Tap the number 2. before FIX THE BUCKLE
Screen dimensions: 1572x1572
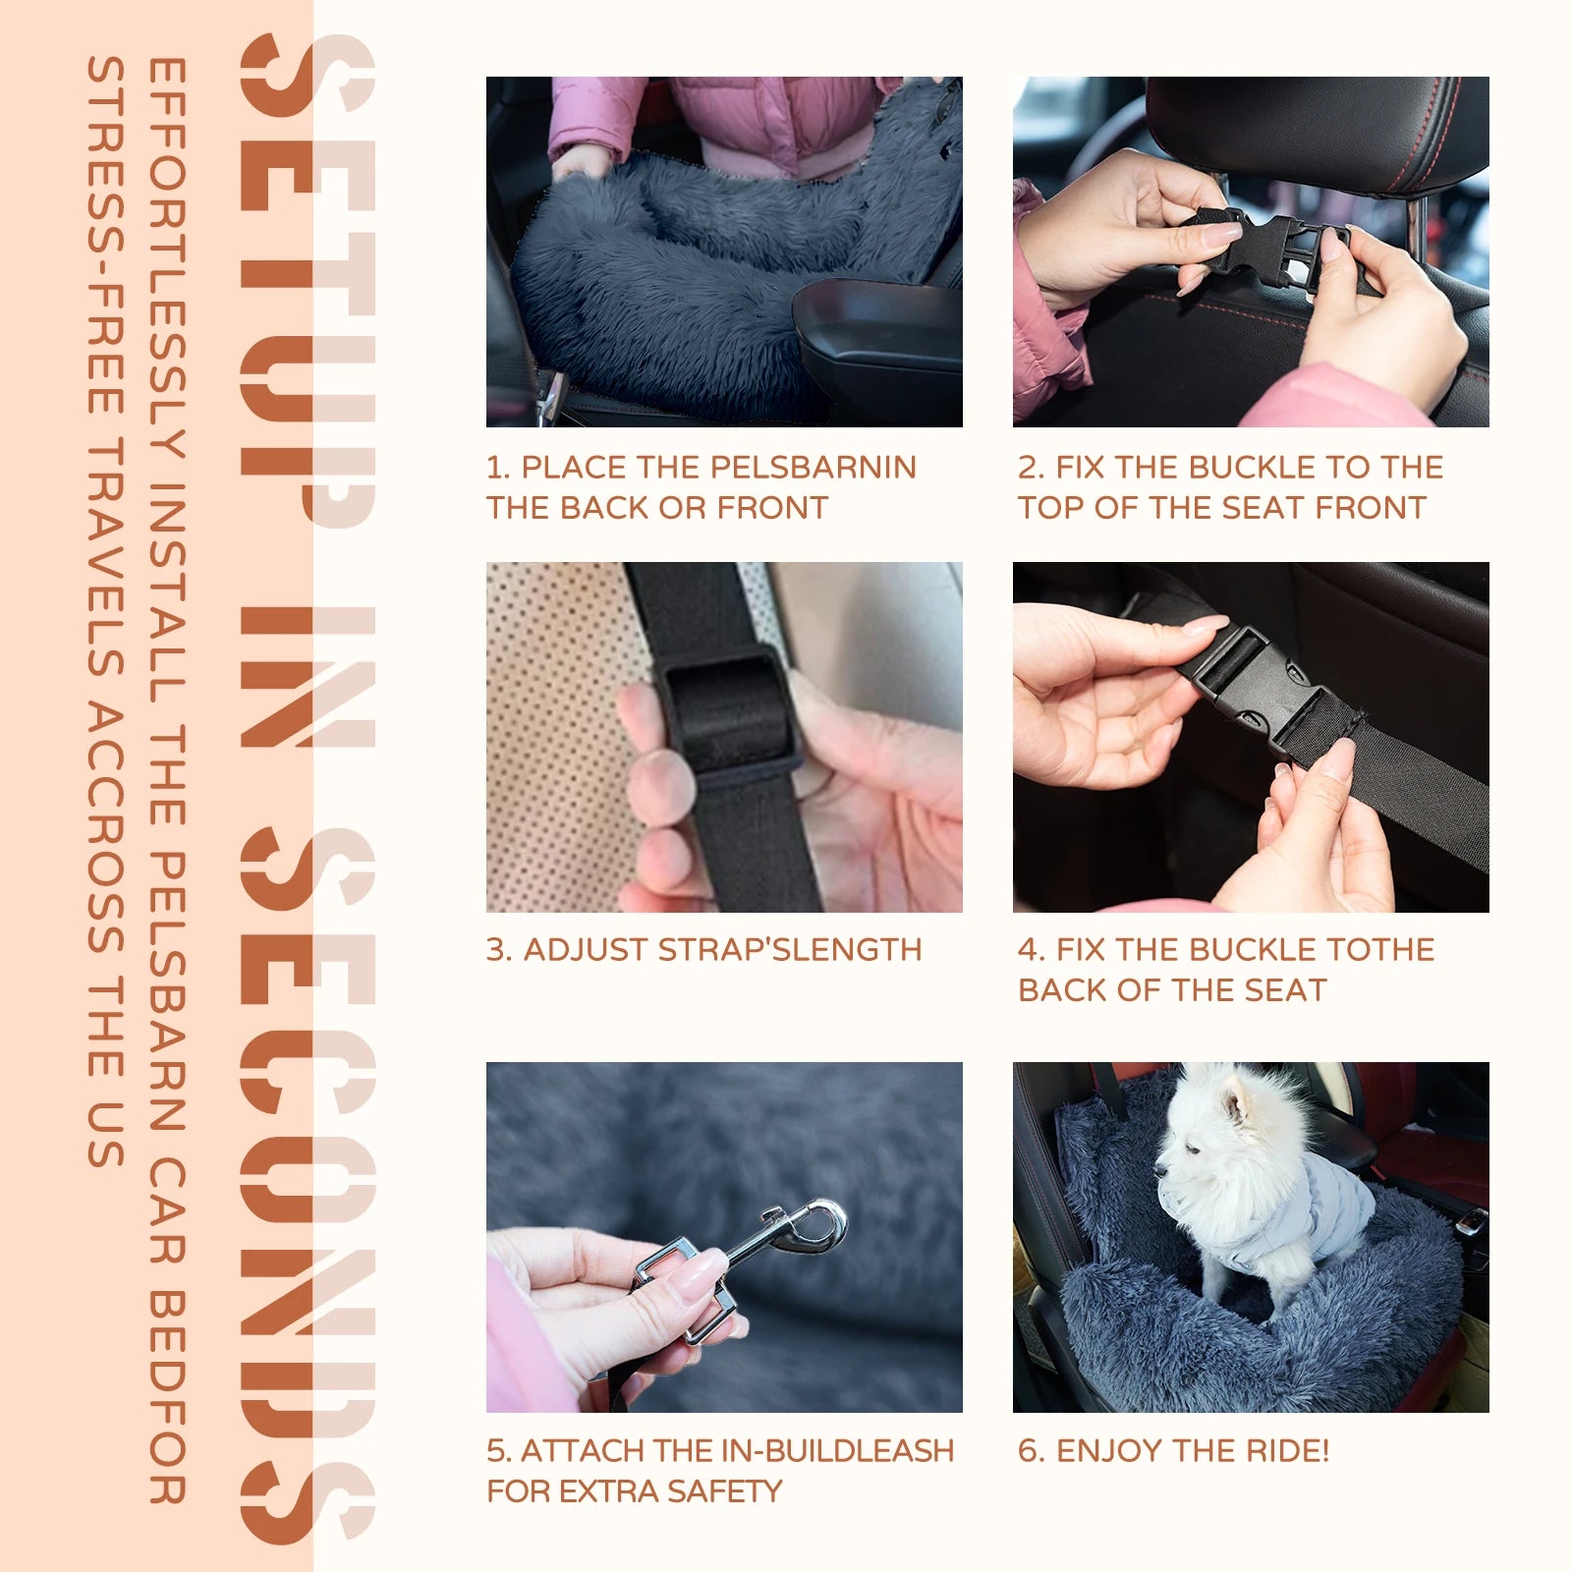pos(1031,468)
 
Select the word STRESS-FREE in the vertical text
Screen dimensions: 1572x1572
pos(106,236)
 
